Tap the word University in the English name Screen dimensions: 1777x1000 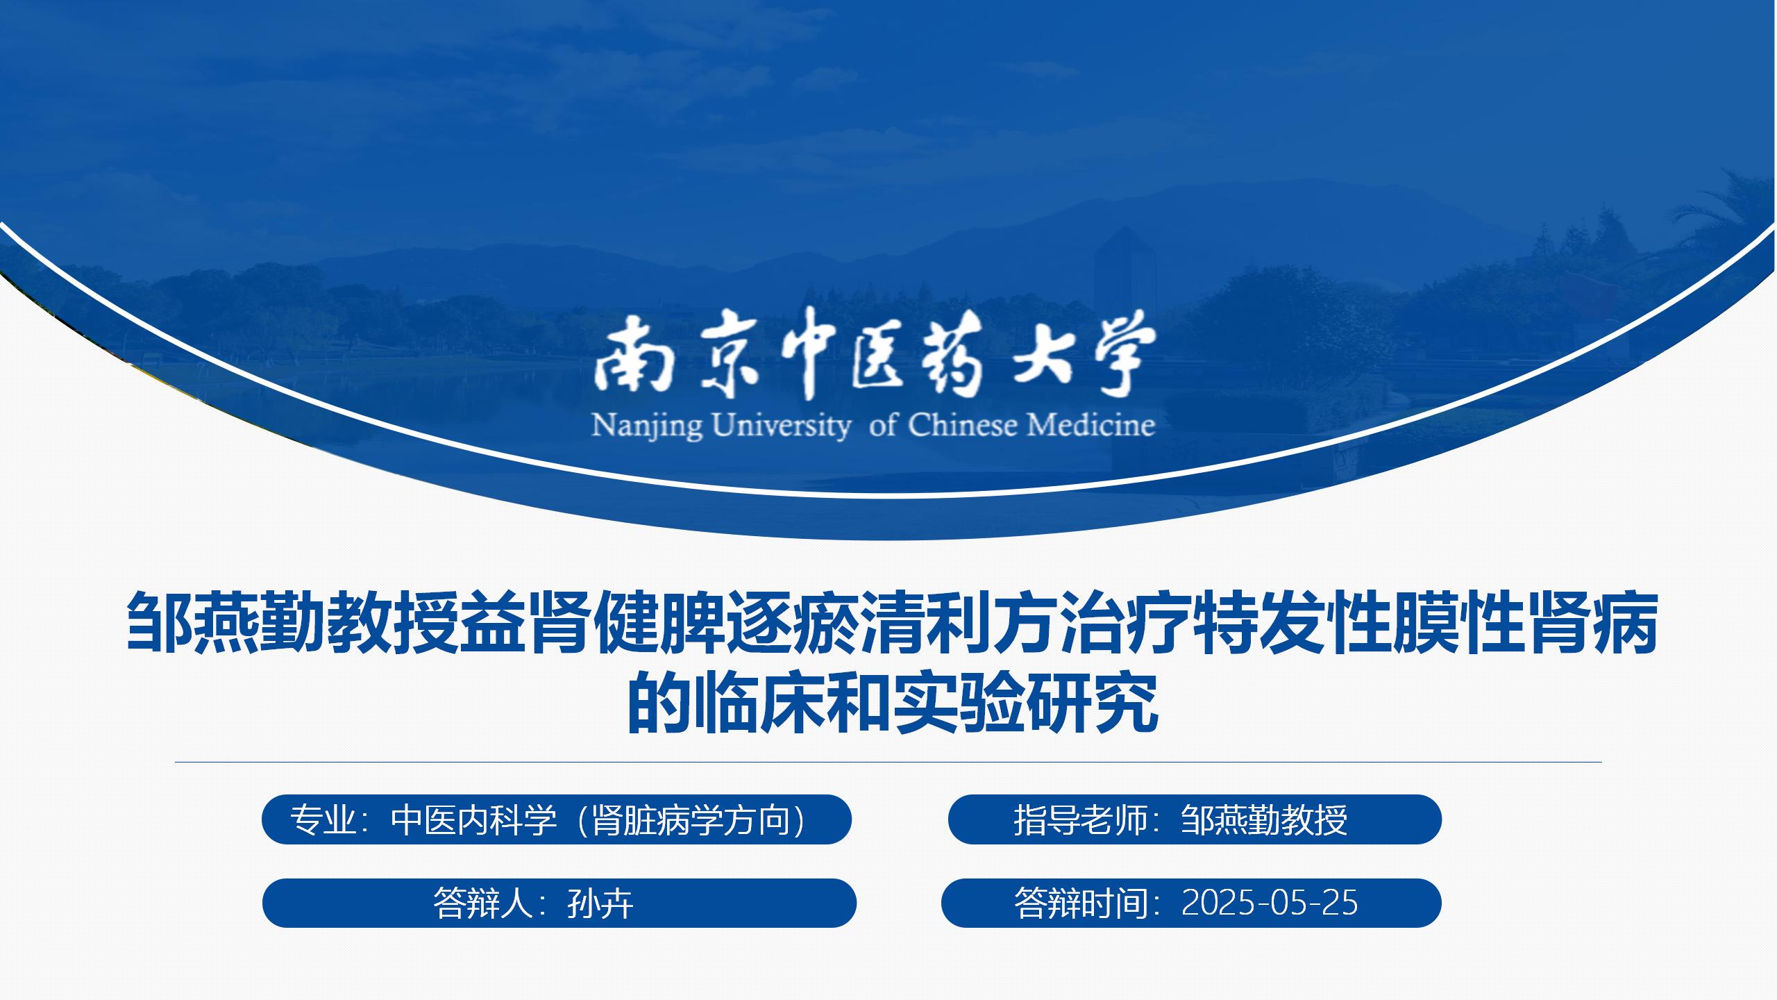[782, 426]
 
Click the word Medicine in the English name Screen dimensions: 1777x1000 [1092, 424]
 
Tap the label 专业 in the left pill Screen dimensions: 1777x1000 [323, 820]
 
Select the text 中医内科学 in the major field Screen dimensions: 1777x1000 [474, 820]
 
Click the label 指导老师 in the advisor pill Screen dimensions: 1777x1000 [1080, 820]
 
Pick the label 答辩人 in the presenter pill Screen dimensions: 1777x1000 [482, 903]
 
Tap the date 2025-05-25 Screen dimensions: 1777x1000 [1270, 903]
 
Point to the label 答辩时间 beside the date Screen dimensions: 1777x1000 [1080, 903]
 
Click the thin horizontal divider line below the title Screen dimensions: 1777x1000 [888, 762]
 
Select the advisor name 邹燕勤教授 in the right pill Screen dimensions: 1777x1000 [1264, 820]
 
